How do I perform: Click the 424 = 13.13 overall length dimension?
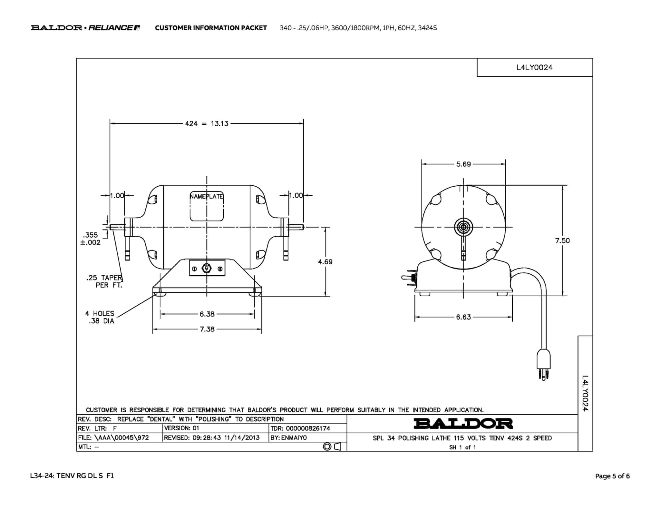pyautogui.click(x=207, y=123)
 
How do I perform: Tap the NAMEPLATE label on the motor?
pyautogui.click(x=207, y=196)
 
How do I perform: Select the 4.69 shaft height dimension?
pyautogui.click(x=325, y=262)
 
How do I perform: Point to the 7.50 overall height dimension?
pyautogui.click(x=562, y=240)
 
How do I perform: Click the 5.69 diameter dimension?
pyautogui.click(x=463, y=164)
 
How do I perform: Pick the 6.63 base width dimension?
pyautogui.click(x=463, y=317)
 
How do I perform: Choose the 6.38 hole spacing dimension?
pyautogui.click(x=207, y=314)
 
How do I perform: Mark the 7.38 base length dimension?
pyautogui.click(x=207, y=329)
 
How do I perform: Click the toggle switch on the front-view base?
pyautogui.click(x=207, y=268)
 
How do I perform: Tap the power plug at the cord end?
pyautogui.click(x=543, y=365)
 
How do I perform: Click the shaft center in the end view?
pyautogui.click(x=463, y=227)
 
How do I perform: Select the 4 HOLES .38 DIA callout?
pyautogui.click(x=100, y=317)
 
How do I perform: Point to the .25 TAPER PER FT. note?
pyautogui.click(x=104, y=281)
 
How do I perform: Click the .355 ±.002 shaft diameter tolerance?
pyautogui.click(x=91, y=239)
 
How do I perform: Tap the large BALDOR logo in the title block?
pyautogui.click(x=463, y=424)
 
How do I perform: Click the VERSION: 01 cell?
pyautogui.click(x=182, y=428)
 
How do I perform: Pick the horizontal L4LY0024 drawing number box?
pyautogui.click(x=535, y=67)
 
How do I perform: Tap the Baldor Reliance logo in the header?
pyautogui.click(x=85, y=28)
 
